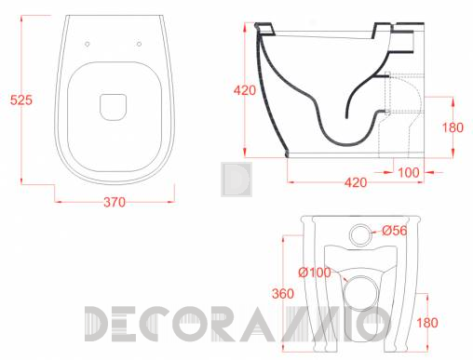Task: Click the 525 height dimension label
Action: (21, 100)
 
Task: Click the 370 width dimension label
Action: (115, 203)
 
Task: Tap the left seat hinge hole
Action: (88, 44)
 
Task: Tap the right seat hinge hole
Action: (140, 44)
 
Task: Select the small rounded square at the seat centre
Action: (114, 107)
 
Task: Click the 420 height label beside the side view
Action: (245, 90)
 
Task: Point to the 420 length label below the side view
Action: (356, 182)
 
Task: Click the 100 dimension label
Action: (409, 172)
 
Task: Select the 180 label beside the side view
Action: (453, 127)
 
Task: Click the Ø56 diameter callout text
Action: (394, 231)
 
